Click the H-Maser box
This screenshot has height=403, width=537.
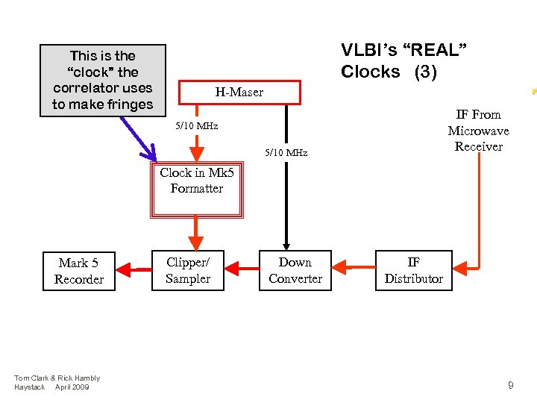pos(239,93)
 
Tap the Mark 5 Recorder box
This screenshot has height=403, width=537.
pos(78,270)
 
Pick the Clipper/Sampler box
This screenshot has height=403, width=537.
pos(188,270)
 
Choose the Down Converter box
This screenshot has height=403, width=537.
pos(295,270)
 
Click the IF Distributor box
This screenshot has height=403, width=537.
pos(413,270)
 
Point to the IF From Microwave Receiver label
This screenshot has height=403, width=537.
pos(478,131)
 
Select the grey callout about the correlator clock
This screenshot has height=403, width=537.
pos(102,80)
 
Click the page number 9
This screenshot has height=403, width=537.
pos(510,385)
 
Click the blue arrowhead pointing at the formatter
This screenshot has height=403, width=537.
pos(150,155)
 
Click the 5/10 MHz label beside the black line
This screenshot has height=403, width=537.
pos(286,153)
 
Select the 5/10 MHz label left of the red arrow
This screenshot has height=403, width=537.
pos(196,126)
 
